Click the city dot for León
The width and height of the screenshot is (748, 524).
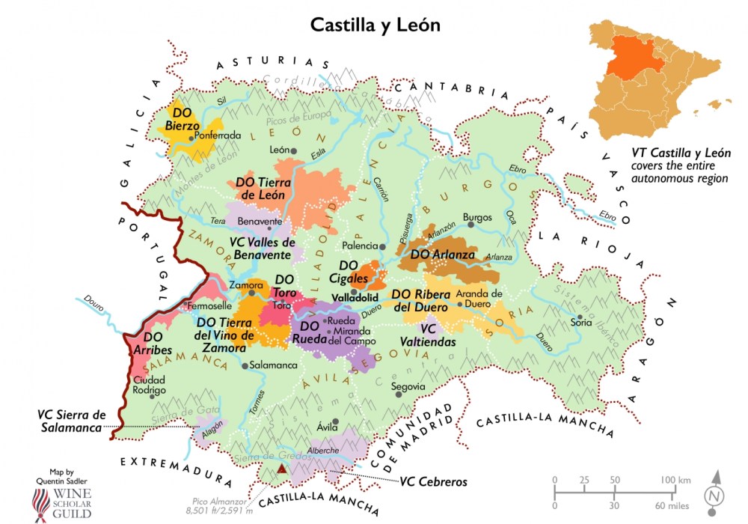tap(294, 150)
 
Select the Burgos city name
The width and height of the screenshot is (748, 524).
tap(477, 218)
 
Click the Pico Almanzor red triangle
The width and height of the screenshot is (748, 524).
tap(282, 469)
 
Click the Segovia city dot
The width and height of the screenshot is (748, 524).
tap(398, 387)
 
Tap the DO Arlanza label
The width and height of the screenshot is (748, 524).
tap(444, 255)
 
